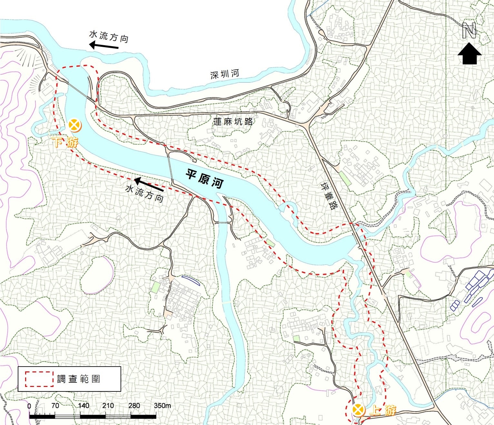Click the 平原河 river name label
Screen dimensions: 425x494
tap(204, 179)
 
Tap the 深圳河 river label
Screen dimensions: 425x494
tap(225, 74)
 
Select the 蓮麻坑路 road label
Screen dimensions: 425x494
tap(233, 121)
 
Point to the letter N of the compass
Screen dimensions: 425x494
tap(469, 31)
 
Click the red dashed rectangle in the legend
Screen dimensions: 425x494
tap(39, 379)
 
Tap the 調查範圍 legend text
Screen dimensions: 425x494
tap(78, 379)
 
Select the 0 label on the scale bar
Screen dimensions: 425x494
tap(29, 406)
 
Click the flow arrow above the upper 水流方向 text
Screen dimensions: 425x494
tap(104, 46)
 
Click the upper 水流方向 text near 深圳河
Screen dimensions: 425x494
tap(109, 36)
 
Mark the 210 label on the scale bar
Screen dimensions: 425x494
tap(108, 406)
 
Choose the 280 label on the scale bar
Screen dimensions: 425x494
tap(134, 406)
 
